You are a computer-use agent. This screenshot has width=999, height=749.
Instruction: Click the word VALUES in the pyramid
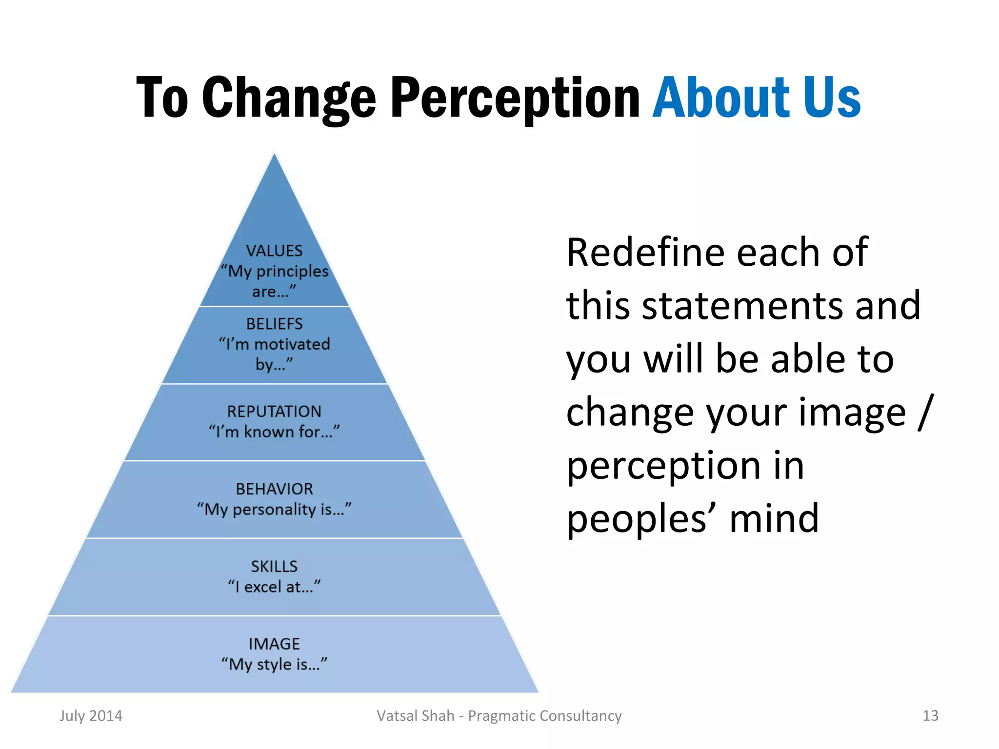point(274,251)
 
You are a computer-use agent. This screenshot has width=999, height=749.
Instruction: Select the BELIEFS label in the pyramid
point(274,324)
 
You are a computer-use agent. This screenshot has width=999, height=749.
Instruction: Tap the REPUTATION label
point(274,412)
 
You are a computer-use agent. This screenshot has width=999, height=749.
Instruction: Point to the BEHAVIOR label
point(274,489)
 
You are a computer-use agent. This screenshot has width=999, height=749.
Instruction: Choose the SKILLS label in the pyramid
point(274,567)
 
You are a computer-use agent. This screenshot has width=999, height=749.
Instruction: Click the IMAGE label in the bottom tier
point(274,644)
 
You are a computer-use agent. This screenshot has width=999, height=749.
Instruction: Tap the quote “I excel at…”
point(274,587)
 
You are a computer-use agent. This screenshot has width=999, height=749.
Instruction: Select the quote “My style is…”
point(274,664)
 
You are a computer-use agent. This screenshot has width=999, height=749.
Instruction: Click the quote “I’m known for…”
point(274,432)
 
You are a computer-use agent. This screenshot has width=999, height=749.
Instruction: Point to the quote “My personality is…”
point(274,510)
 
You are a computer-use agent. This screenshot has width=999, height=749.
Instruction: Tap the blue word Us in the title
point(832,98)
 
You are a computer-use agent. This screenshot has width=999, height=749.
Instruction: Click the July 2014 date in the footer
point(91,716)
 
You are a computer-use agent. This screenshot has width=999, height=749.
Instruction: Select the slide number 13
point(930,716)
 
